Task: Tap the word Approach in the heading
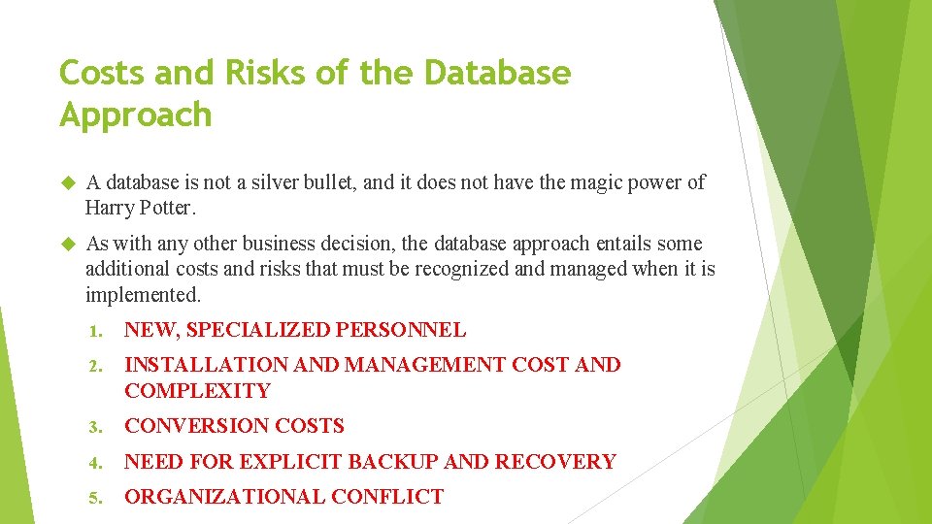[x=135, y=115]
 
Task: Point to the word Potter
[x=168, y=208]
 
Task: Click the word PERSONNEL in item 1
[x=400, y=330]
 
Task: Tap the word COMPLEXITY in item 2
[x=197, y=391]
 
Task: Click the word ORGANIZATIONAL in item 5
[x=224, y=497]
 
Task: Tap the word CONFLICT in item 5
[x=386, y=497]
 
